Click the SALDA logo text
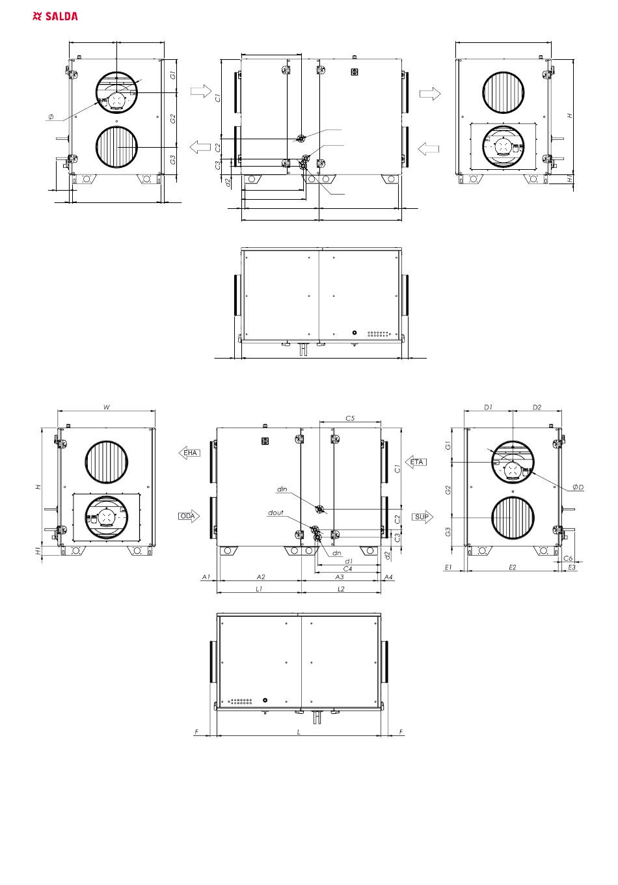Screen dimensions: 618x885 (x=62, y=16)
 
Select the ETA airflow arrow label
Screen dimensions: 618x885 (x=416, y=462)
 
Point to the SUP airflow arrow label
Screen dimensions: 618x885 (x=422, y=517)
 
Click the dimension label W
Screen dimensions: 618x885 (x=107, y=407)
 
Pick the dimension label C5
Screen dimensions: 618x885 (x=350, y=418)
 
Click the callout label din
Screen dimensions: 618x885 (x=282, y=489)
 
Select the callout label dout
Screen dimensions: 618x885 (x=276, y=512)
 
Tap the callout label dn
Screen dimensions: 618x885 (x=336, y=553)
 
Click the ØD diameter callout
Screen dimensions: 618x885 (x=578, y=487)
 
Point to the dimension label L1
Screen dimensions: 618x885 (x=259, y=589)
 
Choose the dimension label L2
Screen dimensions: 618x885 (x=341, y=589)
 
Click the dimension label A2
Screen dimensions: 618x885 (x=261, y=577)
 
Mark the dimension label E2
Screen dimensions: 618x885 (x=512, y=567)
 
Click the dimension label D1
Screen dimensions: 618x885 (x=488, y=407)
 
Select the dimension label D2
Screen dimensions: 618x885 (x=537, y=407)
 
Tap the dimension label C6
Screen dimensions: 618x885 (x=568, y=558)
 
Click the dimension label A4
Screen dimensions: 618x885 (x=388, y=577)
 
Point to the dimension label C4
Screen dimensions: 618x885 (x=347, y=569)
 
